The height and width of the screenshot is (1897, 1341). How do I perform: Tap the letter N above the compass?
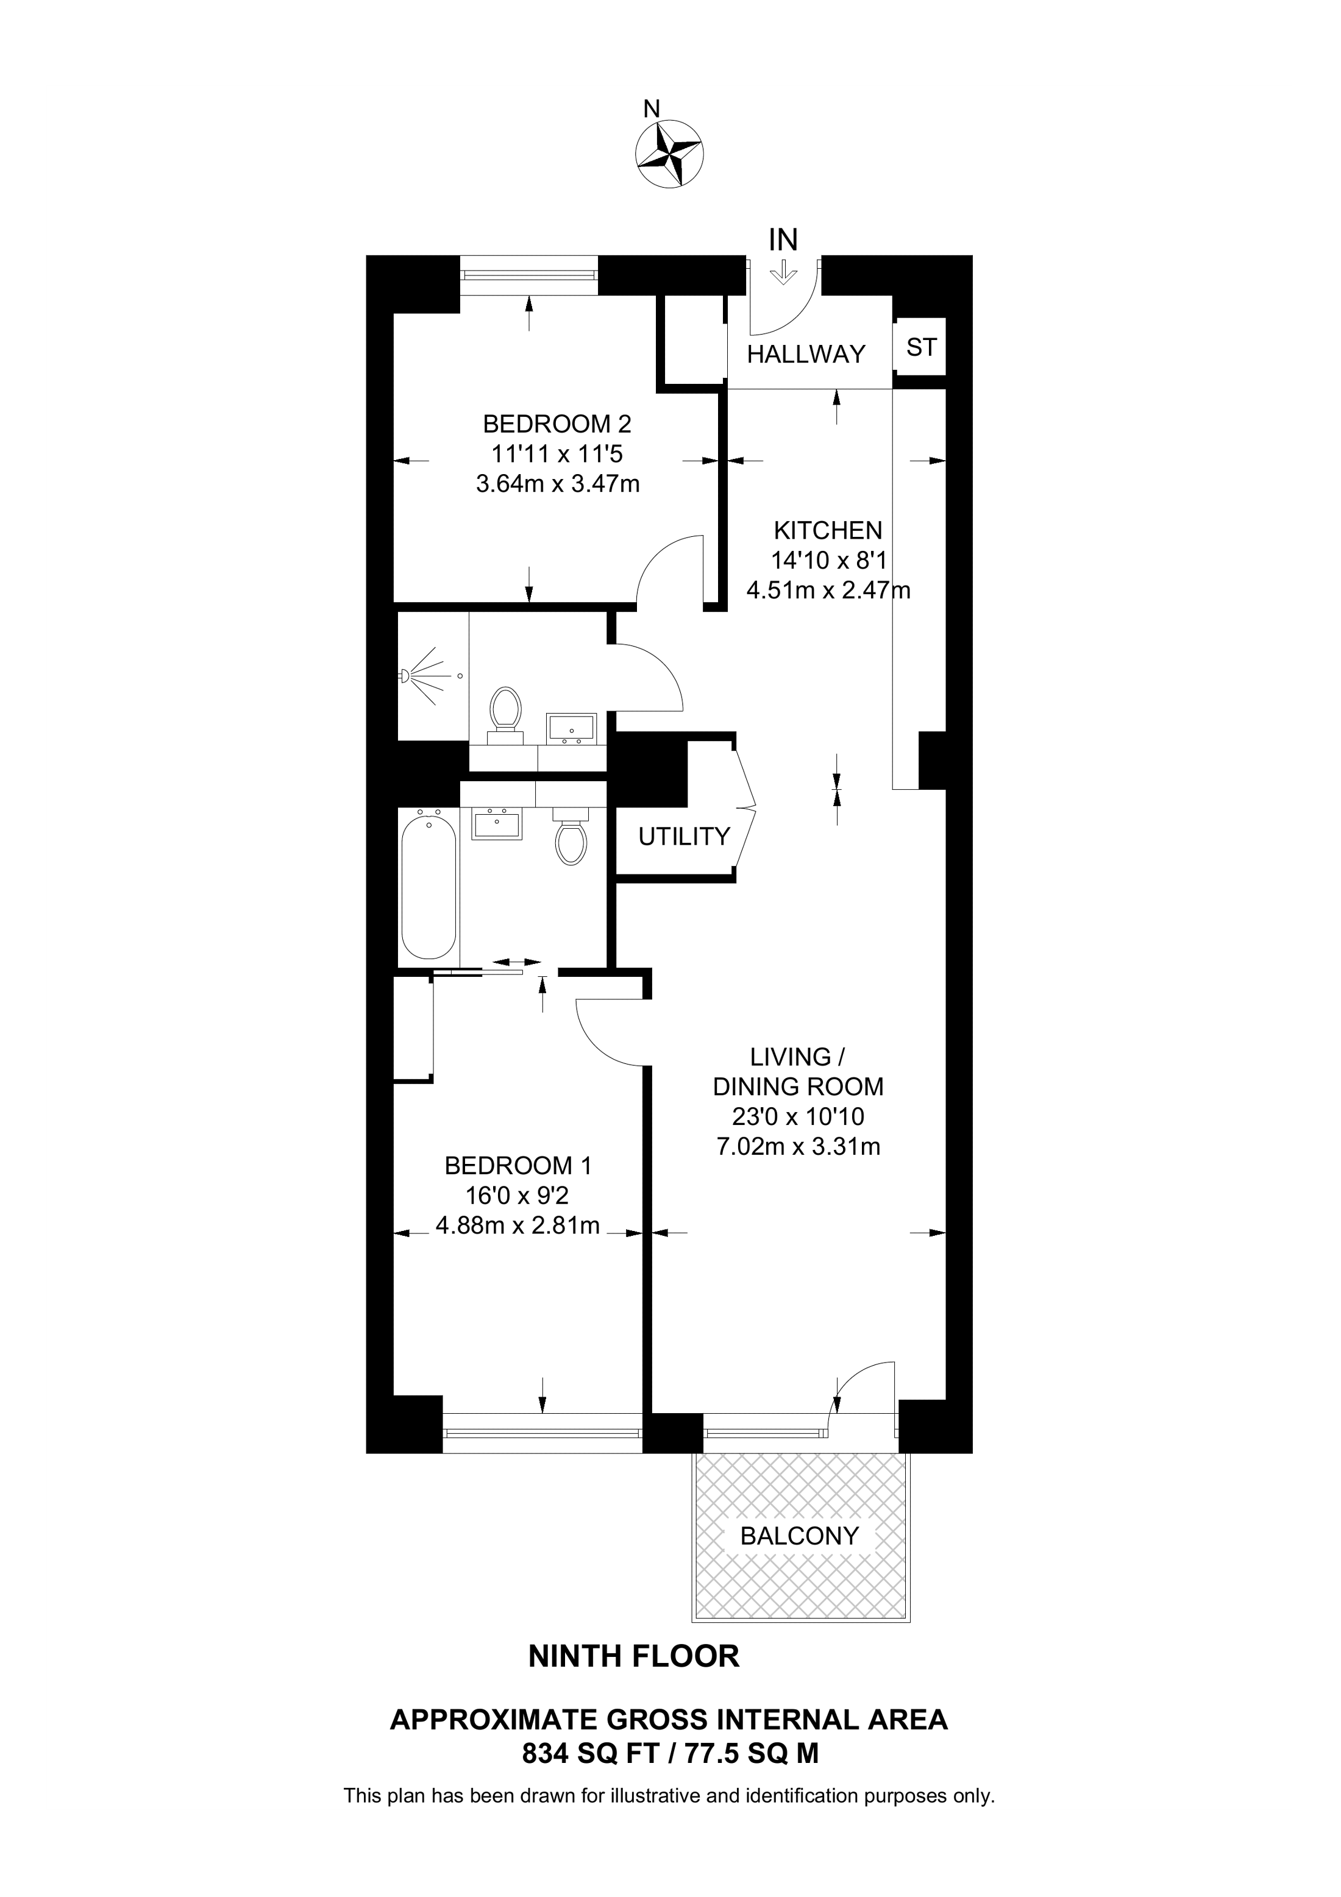click(652, 108)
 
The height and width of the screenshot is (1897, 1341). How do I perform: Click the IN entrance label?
click(783, 239)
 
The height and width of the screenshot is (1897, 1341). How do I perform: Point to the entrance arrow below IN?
click(783, 272)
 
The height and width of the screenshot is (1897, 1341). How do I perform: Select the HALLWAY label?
click(806, 355)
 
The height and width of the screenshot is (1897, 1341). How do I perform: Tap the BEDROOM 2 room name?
click(557, 424)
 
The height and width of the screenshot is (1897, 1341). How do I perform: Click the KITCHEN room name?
click(828, 530)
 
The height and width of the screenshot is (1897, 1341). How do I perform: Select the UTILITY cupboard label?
click(684, 837)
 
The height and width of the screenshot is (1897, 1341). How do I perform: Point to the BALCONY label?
click(800, 1536)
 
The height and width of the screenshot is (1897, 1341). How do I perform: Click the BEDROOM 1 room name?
click(518, 1166)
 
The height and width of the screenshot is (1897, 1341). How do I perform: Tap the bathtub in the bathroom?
click(428, 885)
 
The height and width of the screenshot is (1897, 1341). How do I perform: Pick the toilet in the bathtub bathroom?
click(570, 836)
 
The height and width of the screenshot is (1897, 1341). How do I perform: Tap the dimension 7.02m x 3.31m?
click(798, 1147)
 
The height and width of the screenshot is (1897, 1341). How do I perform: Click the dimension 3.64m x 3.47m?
click(558, 483)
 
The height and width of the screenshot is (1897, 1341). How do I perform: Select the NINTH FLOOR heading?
click(634, 1656)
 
